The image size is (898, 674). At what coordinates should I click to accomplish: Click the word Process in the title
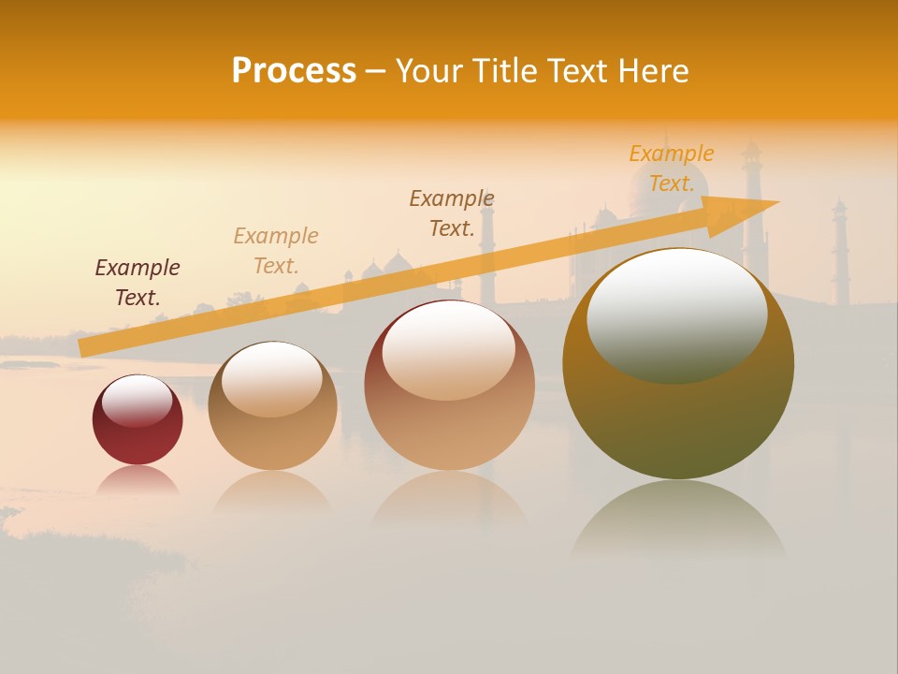[294, 71]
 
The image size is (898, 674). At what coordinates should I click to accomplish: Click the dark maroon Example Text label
[138, 283]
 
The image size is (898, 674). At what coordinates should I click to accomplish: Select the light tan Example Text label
[276, 251]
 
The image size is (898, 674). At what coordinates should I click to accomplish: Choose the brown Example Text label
[452, 213]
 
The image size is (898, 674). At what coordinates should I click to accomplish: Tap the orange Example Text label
[672, 168]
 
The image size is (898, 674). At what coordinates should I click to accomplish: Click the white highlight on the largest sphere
[676, 314]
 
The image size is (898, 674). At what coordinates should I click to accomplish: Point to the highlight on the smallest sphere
[137, 401]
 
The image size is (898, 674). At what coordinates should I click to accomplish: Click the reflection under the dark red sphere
[138, 480]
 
